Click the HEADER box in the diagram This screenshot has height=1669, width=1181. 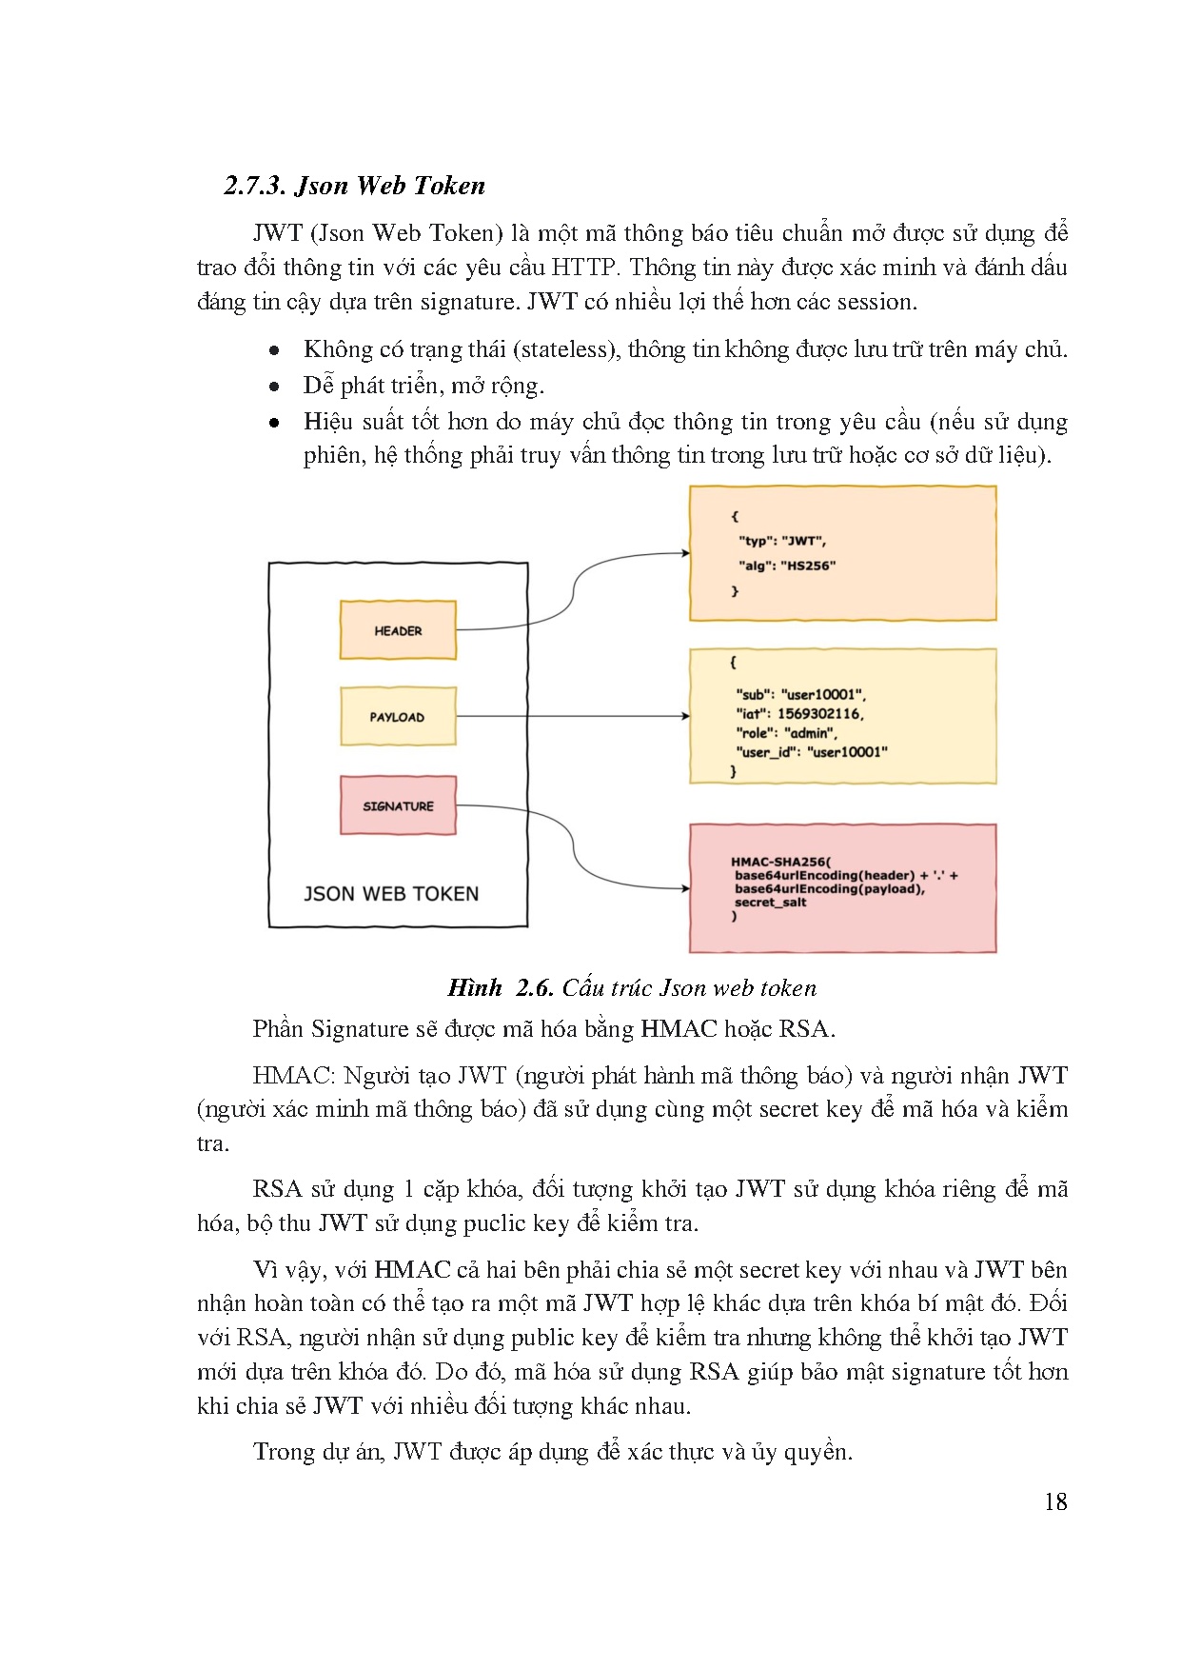398,630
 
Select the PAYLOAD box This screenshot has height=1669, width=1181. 398,717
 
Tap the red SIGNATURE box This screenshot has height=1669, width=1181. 398,805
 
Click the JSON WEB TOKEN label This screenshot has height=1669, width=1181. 391,893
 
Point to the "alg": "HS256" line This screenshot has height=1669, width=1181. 787,566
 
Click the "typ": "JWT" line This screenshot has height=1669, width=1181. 782,541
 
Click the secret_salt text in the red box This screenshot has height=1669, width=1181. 770,903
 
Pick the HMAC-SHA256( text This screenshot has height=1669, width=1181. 780,862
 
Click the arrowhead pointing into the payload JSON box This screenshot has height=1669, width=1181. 685,716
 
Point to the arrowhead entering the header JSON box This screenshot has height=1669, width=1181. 685,553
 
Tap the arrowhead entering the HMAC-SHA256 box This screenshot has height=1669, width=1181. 685,888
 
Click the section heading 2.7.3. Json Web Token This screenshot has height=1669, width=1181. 355,186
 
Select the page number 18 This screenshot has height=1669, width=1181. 1055,1502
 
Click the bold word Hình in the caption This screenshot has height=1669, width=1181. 475,987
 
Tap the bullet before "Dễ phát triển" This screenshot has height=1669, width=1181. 274,387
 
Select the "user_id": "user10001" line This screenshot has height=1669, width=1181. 812,752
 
